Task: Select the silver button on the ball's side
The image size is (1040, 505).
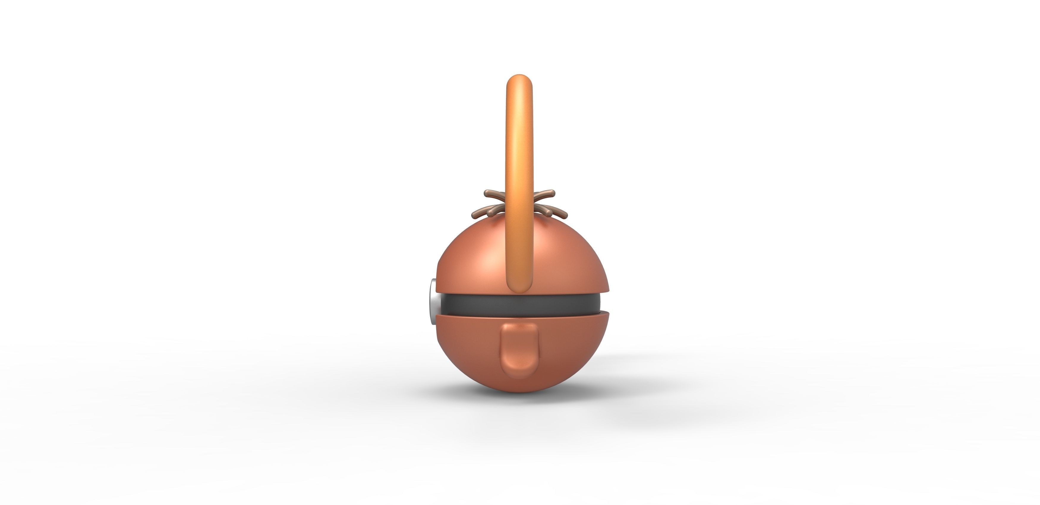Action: [433, 302]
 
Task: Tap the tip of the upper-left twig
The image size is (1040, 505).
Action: [486, 193]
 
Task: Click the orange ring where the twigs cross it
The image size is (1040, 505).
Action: [519, 204]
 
